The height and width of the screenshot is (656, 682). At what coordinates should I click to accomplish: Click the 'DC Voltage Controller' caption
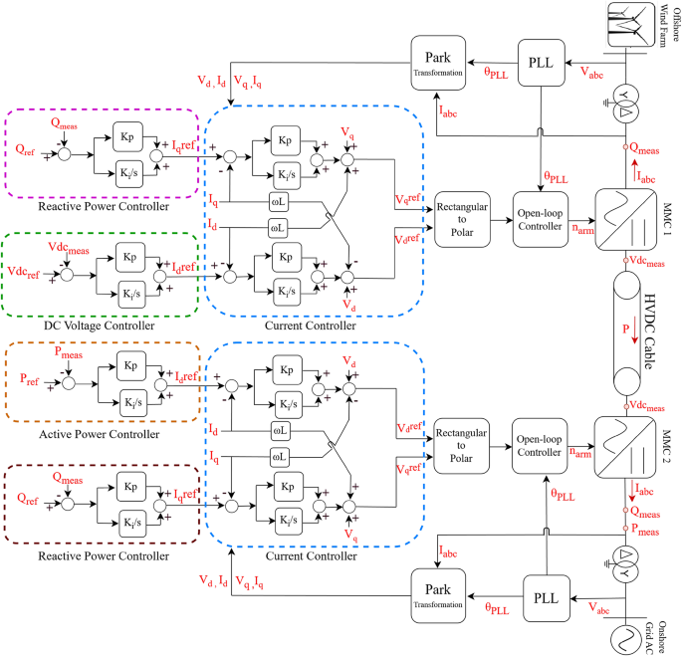[x=102, y=326]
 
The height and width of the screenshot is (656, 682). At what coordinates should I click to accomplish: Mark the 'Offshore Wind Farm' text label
[x=663, y=24]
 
